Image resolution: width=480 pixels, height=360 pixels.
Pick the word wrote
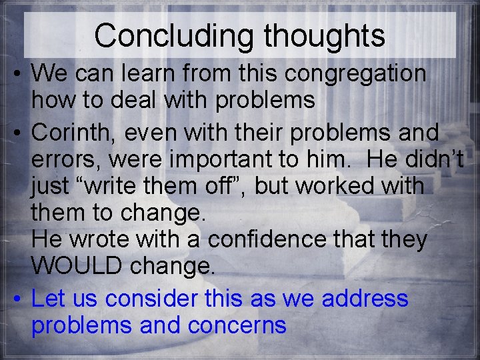tap(99, 240)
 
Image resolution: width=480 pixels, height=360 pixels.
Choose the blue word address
tap(365, 298)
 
